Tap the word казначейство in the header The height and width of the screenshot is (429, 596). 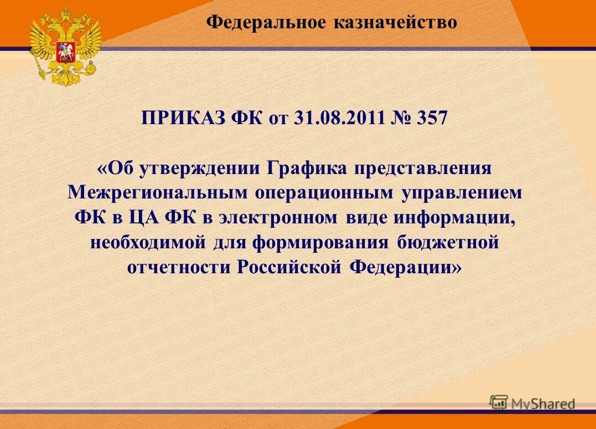tap(395, 22)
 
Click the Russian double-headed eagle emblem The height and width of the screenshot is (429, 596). tap(65, 45)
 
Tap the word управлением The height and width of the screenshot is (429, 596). tap(463, 192)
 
